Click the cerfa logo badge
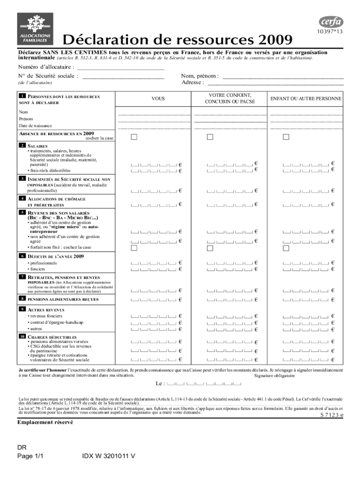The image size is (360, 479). tap(331, 22)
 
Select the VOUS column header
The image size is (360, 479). tap(158, 99)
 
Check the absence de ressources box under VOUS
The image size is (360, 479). tap(134, 137)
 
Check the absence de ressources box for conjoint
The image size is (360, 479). tap(210, 137)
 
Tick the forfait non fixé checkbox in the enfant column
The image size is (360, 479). tap(286, 247)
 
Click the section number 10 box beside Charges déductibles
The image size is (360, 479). tap(22, 336)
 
